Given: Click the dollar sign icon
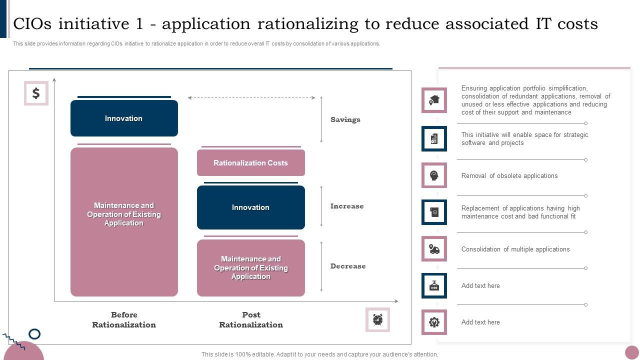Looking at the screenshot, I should (x=36, y=93).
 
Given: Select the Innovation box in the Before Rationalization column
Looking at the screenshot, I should (x=124, y=118).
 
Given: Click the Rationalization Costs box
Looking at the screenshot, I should (x=250, y=163).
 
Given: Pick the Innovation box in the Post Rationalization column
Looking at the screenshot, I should (x=250, y=207).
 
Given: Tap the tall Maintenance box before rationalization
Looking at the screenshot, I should (x=124, y=221).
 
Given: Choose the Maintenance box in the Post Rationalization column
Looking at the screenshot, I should (x=250, y=268).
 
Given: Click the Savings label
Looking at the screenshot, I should (x=345, y=119).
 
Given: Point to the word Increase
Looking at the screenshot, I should (x=346, y=206).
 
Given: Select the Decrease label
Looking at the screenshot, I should (x=347, y=266).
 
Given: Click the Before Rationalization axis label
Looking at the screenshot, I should (x=124, y=320).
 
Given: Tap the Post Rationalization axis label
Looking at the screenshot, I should (x=251, y=320).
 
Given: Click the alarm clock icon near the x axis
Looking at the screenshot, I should (x=377, y=319).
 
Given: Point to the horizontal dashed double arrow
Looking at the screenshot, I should (x=251, y=98).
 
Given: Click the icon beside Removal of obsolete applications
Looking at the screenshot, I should (x=434, y=175).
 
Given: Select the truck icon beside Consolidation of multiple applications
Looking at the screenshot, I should (x=434, y=249).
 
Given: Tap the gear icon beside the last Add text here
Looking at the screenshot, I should (x=434, y=322).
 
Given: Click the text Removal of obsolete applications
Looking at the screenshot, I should (x=509, y=176).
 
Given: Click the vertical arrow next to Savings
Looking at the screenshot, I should (x=321, y=119).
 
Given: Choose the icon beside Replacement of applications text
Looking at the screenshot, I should (x=434, y=212).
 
